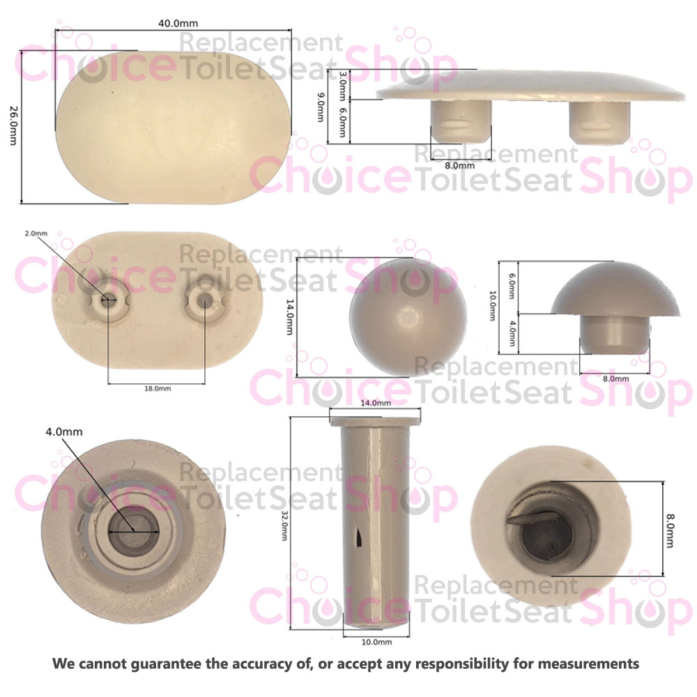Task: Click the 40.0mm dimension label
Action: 171,23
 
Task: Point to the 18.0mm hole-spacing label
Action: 156,388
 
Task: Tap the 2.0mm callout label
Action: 36,233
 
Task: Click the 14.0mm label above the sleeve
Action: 375,403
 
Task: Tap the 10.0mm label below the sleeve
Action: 376,641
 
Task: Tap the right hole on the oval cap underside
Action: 204,300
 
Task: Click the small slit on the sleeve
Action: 359,536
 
